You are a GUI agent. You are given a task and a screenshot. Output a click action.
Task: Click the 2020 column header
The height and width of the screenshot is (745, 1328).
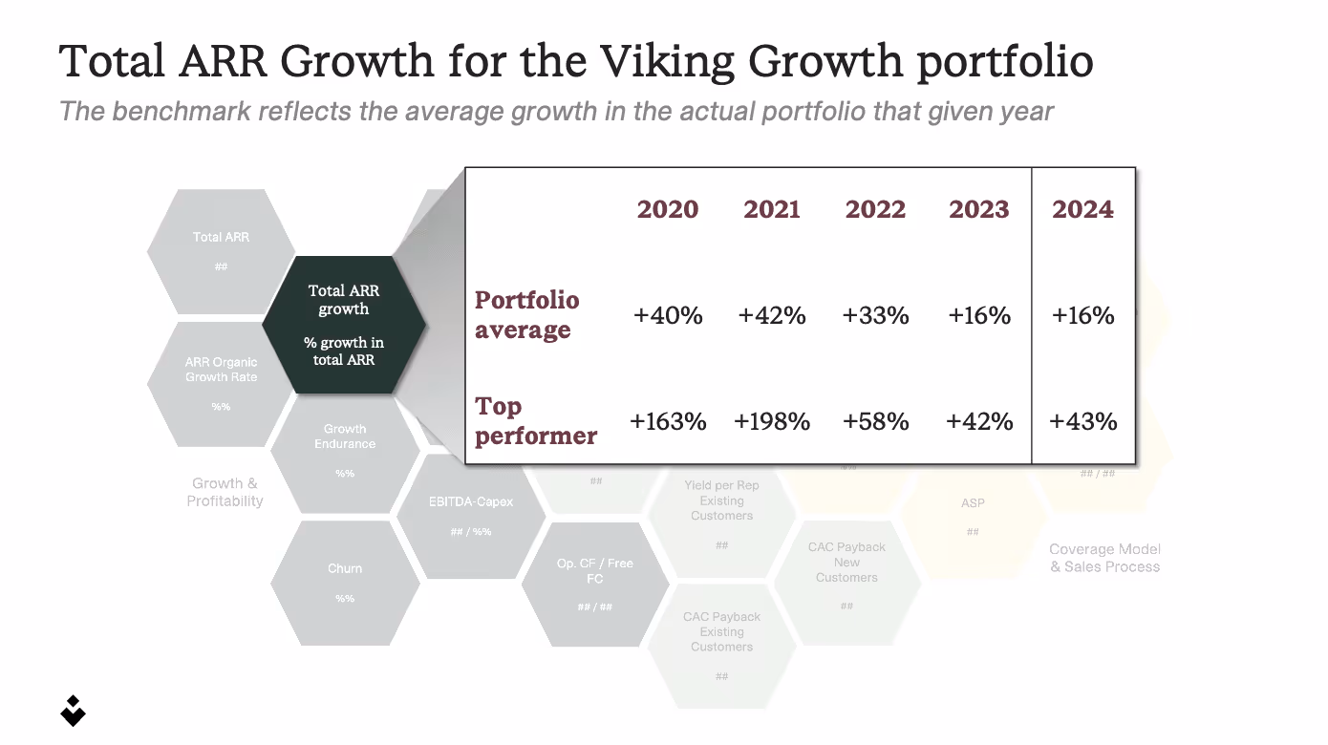point(667,209)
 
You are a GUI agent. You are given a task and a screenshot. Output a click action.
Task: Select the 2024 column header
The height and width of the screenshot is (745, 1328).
point(1082,209)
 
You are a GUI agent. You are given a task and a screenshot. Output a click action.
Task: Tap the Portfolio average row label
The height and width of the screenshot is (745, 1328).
point(526,315)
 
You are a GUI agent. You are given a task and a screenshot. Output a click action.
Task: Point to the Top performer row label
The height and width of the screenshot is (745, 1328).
point(535,421)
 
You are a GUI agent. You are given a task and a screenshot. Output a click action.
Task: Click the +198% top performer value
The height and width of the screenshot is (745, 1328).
point(772,421)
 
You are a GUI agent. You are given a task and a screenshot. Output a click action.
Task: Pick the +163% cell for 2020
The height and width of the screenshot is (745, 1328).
point(668,421)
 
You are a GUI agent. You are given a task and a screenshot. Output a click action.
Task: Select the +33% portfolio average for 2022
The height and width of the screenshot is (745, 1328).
point(875,316)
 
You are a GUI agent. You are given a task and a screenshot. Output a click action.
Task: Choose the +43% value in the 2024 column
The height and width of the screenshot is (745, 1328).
point(1082,421)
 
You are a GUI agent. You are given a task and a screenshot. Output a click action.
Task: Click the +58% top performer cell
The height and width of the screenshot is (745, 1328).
point(875,421)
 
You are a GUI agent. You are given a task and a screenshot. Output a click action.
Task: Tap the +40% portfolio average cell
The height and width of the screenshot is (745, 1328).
point(668,316)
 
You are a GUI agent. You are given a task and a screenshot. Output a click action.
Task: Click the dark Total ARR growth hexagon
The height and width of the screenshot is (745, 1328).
point(344,325)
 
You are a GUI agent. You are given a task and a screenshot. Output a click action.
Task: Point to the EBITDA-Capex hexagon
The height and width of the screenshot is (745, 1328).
point(470,516)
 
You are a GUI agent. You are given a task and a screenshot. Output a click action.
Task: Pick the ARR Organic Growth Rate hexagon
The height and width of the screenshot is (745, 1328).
point(221,383)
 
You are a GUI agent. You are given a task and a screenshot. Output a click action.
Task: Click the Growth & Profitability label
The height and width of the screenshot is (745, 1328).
point(225,492)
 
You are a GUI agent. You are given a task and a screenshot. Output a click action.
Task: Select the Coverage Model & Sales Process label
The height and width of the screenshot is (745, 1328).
point(1104,558)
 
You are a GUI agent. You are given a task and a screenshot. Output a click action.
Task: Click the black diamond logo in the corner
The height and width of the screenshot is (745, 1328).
point(73,711)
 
